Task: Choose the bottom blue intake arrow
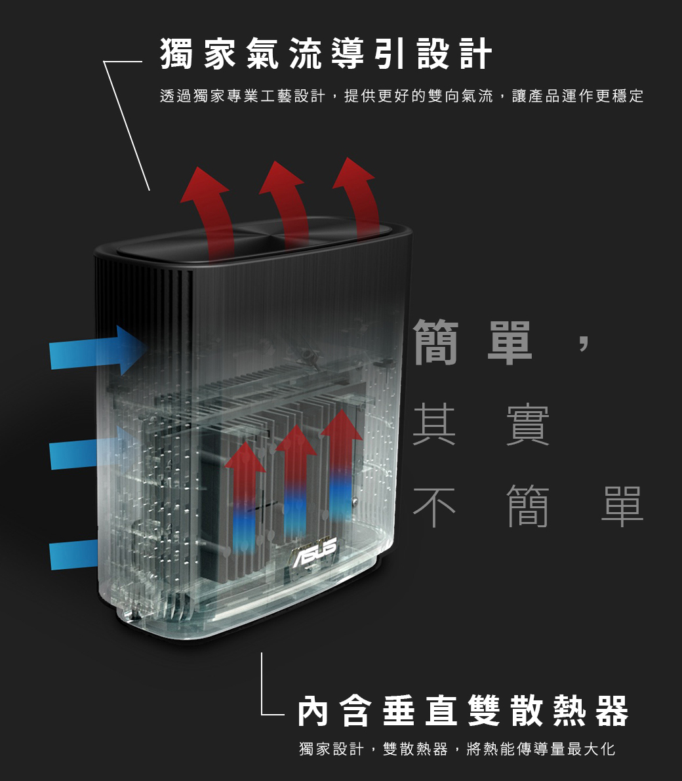[x=73, y=555]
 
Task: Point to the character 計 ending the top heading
[x=475, y=54]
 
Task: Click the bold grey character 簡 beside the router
[x=436, y=342]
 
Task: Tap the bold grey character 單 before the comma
[x=510, y=342]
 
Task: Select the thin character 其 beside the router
[x=434, y=425]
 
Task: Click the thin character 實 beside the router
[x=527, y=425]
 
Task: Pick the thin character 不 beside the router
[x=434, y=507]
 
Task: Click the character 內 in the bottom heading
[x=313, y=711]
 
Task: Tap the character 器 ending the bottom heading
[x=612, y=711]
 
